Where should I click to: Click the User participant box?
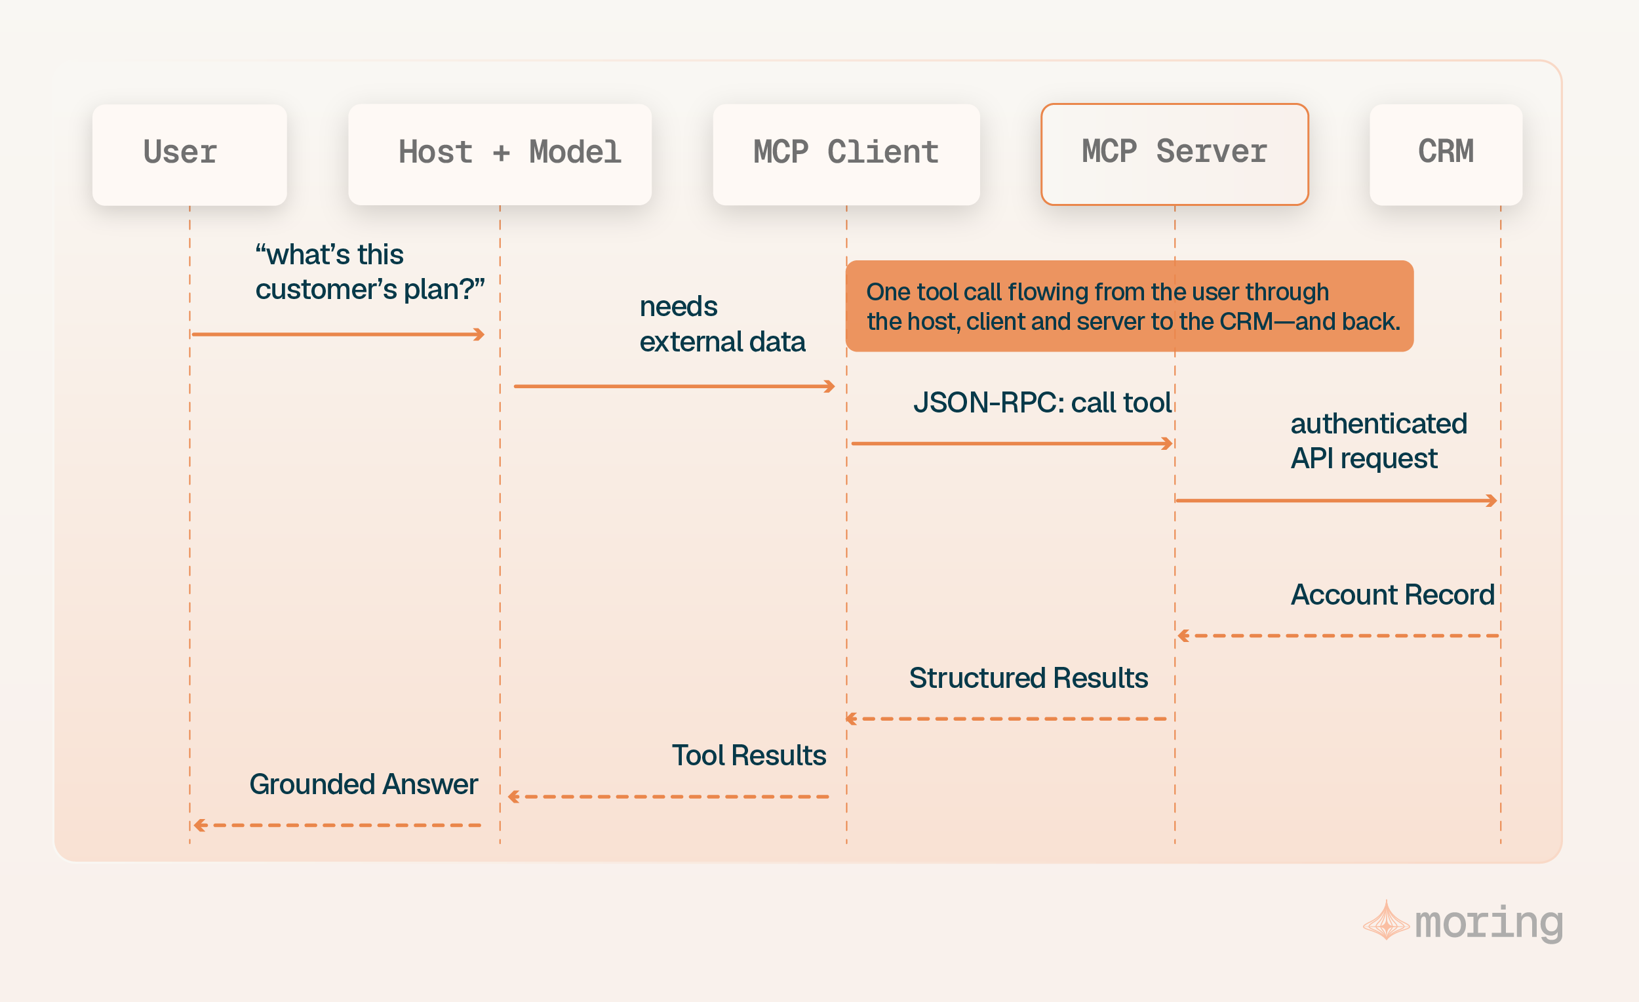[x=189, y=154]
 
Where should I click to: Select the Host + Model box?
[x=500, y=154]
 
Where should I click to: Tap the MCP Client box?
[x=846, y=154]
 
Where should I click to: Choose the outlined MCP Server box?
[x=1175, y=154]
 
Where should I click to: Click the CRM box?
[x=1446, y=154]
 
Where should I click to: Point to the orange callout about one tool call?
[x=1130, y=306]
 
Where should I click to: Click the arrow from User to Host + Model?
[x=338, y=334]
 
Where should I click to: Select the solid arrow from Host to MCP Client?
[x=674, y=386]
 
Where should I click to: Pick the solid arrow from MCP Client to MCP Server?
[x=1012, y=443]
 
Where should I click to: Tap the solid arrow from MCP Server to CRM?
[x=1336, y=500]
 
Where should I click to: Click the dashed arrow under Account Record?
[x=1338, y=636]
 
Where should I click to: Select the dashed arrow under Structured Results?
[x=1006, y=719]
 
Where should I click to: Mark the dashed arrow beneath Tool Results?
[x=669, y=796]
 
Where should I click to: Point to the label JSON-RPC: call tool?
[x=1042, y=403]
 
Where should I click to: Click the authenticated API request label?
[x=1379, y=441]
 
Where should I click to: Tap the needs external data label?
[x=722, y=324]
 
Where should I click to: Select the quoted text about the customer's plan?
[x=370, y=272]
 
